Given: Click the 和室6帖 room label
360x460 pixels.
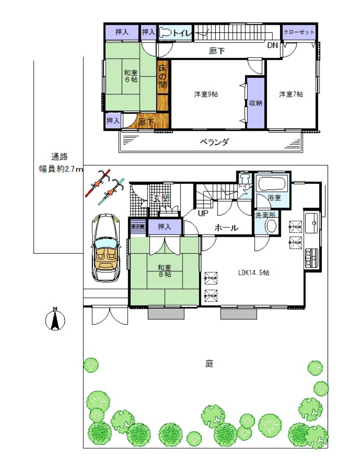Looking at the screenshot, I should (131, 76).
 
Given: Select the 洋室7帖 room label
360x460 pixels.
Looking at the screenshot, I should (291, 94).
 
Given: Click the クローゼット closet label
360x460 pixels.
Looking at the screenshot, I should (299, 32).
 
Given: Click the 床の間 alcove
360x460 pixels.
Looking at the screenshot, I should (163, 77).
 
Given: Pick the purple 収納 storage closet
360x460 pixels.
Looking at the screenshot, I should (255, 103).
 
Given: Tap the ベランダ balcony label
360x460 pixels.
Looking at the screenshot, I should (214, 142).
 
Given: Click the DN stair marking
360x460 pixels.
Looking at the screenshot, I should (272, 45).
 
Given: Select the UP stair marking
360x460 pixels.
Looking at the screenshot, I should (203, 213).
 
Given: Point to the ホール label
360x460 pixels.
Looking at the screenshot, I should (226, 228).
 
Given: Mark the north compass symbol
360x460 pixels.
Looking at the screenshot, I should (55, 320).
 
